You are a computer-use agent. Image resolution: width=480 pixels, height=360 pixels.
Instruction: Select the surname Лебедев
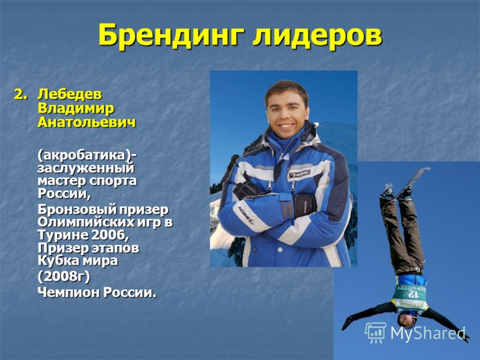[70, 94]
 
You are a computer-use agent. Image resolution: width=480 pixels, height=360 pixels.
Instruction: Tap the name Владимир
[76, 109]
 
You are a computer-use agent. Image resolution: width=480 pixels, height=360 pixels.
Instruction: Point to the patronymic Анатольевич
[86, 122]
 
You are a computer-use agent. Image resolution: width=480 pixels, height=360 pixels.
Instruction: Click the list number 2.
[20, 95]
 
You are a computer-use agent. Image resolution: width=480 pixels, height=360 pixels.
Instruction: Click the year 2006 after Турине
[108, 235]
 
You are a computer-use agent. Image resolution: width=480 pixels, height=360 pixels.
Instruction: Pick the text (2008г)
[64, 277]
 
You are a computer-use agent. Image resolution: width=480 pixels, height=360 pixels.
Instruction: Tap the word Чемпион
[68, 292]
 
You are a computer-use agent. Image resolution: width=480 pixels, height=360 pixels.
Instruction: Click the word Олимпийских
[80, 222]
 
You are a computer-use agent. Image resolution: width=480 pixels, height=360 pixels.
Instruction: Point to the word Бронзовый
[77, 209]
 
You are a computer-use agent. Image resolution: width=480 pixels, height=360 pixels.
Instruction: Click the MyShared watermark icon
[376, 332]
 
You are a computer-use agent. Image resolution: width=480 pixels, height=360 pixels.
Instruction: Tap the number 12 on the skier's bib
[413, 294]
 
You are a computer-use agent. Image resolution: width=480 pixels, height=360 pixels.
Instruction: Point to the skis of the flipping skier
[407, 184]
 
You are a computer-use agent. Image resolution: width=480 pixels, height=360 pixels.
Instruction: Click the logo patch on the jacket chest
[299, 175]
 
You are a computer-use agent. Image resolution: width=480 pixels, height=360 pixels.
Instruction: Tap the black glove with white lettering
[305, 205]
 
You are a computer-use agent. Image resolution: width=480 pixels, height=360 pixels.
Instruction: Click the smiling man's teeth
[287, 125]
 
